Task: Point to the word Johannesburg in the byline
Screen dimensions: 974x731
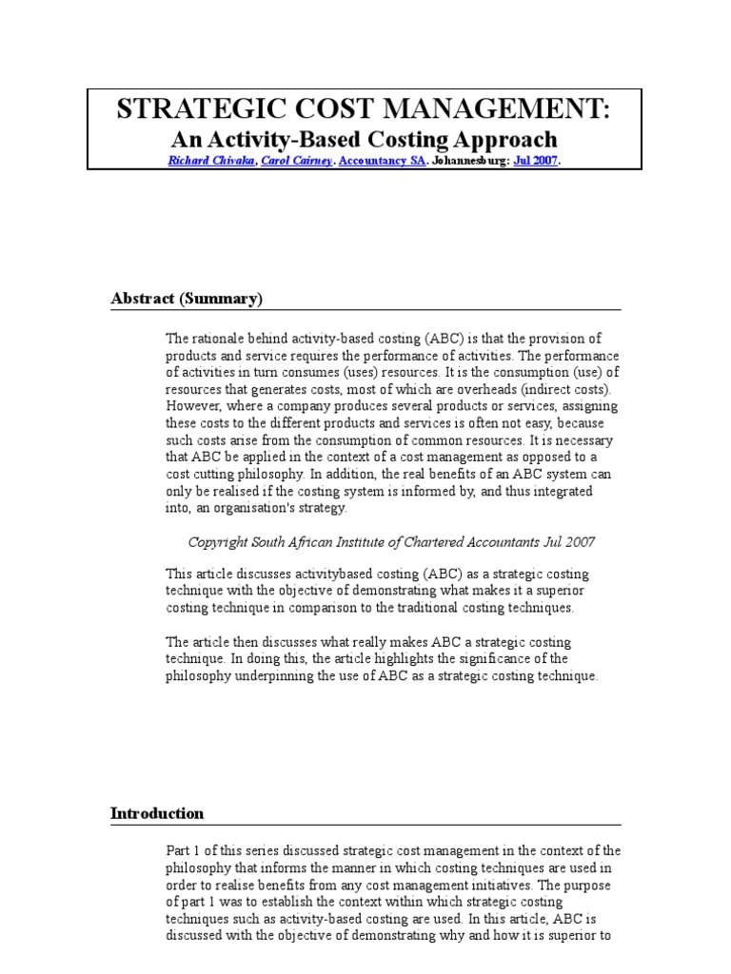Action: coord(471,162)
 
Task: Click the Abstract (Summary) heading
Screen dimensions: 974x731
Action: coord(186,299)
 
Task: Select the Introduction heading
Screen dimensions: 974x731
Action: coord(157,813)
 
